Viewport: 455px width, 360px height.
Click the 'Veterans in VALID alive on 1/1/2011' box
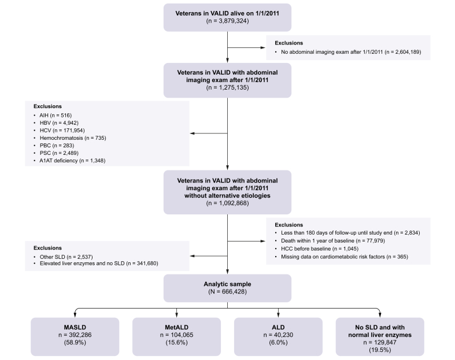(x=227, y=17)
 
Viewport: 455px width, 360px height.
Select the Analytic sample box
(x=227, y=288)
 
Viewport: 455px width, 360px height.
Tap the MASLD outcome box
(x=75, y=336)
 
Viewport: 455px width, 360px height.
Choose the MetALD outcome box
(x=176, y=336)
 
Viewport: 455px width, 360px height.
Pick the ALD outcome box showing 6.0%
(x=278, y=336)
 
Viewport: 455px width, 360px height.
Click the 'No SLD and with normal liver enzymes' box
(x=380, y=336)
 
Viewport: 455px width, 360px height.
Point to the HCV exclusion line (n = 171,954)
(x=62, y=131)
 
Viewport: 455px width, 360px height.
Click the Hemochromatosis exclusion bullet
(x=73, y=138)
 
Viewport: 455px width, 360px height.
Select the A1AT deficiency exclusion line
(x=72, y=161)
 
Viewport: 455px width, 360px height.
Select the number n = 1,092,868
(x=227, y=203)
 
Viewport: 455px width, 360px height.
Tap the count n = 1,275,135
(x=227, y=88)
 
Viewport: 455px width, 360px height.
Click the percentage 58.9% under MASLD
(x=75, y=343)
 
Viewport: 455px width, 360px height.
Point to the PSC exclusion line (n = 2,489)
(x=59, y=153)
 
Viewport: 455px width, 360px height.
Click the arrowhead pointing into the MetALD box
(x=176, y=315)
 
